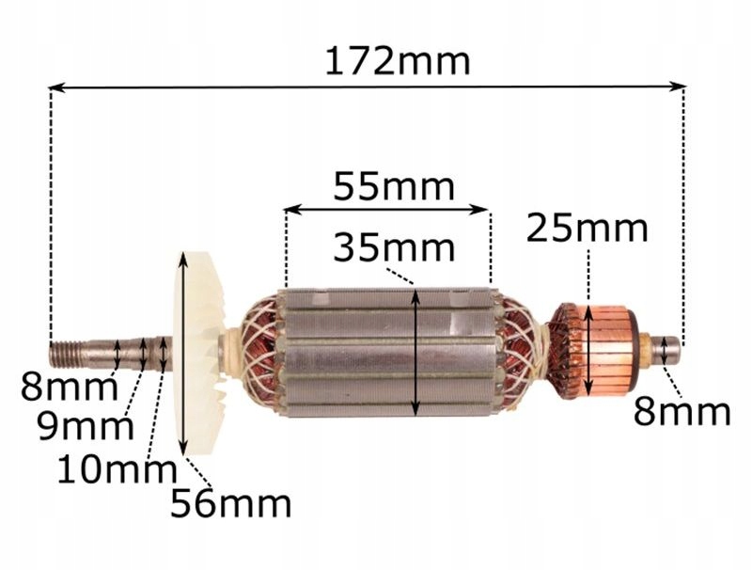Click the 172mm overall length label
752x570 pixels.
coord(398,61)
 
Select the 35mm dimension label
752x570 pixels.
coord(394,247)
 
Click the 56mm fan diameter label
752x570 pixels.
coord(231,503)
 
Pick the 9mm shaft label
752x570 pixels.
coord(86,427)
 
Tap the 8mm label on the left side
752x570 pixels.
coord(69,388)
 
